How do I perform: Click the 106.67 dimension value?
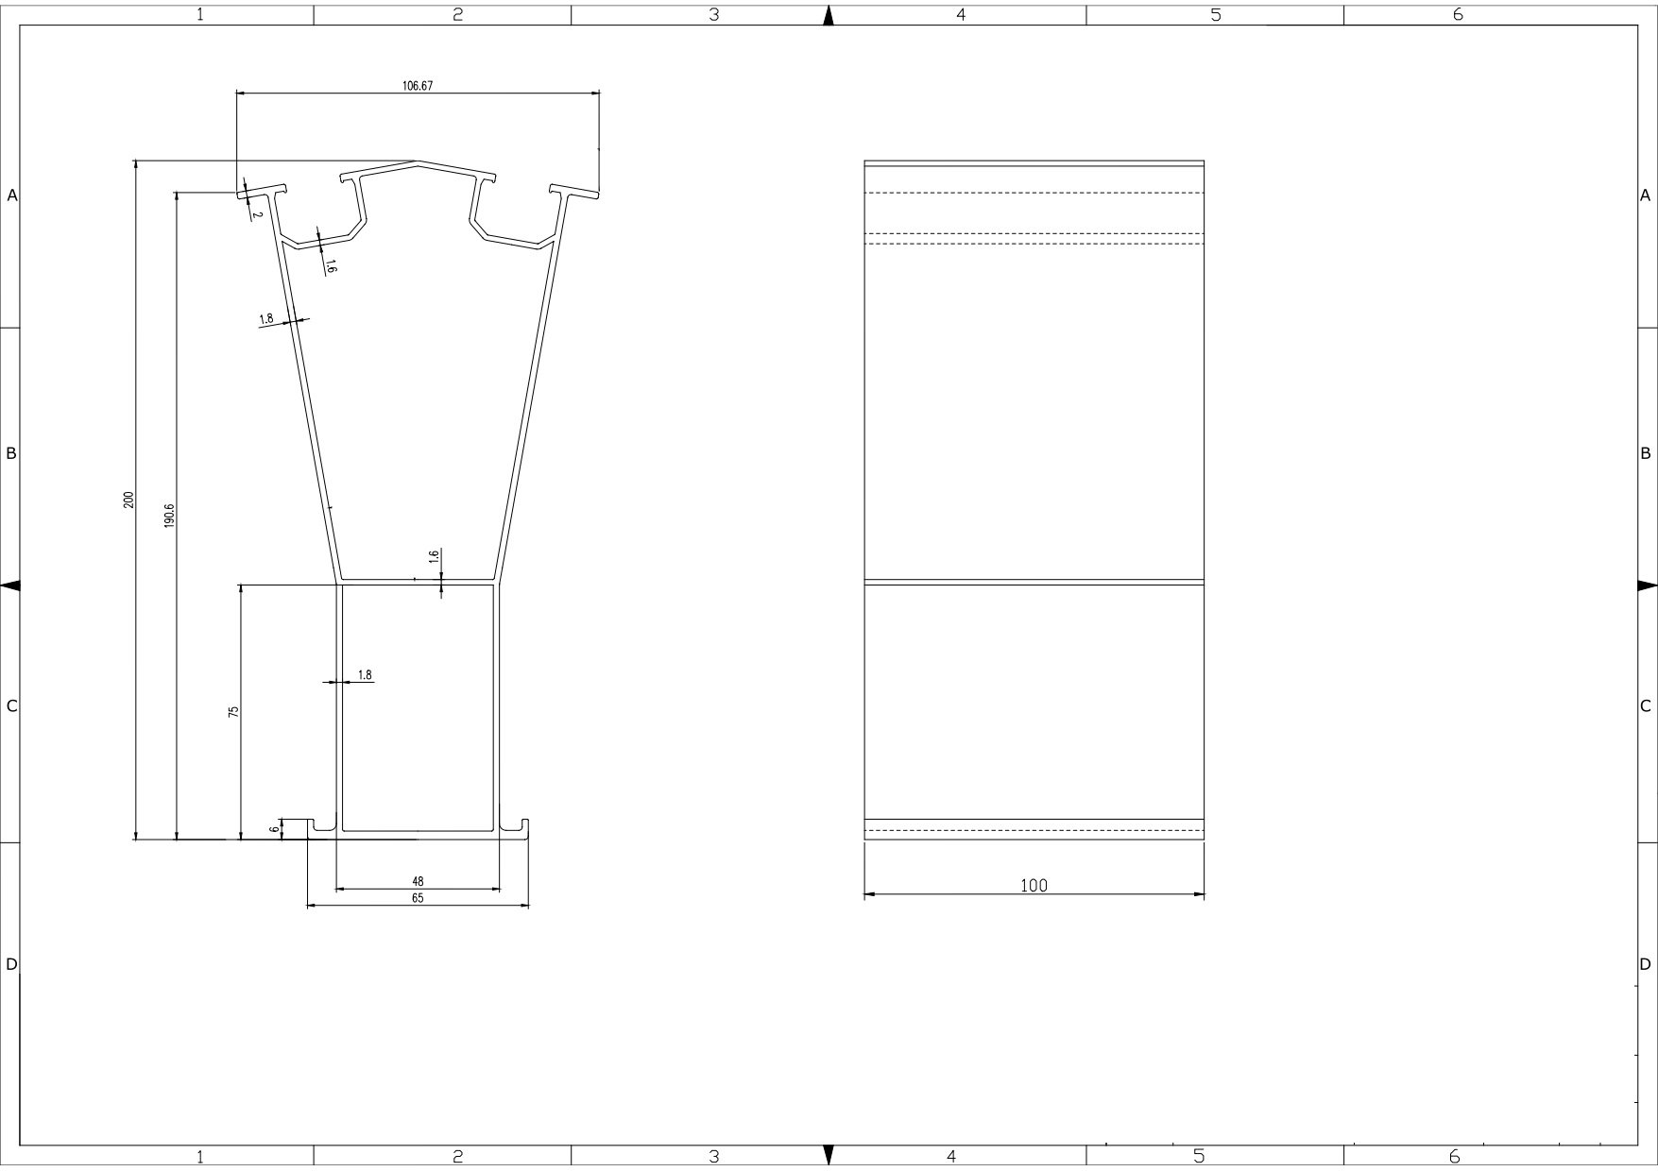tap(418, 86)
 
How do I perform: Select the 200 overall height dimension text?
tap(128, 500)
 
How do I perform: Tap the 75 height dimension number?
tap(233, 711)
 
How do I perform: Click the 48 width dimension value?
tap(418, 882)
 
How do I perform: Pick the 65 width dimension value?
tap(418, 899)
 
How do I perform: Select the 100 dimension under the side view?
tap(1034, 886)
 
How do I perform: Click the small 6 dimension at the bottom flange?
tap(274, 829)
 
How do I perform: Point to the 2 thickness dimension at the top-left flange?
tap(257, 214)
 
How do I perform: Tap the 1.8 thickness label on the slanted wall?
tap(266, 319)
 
